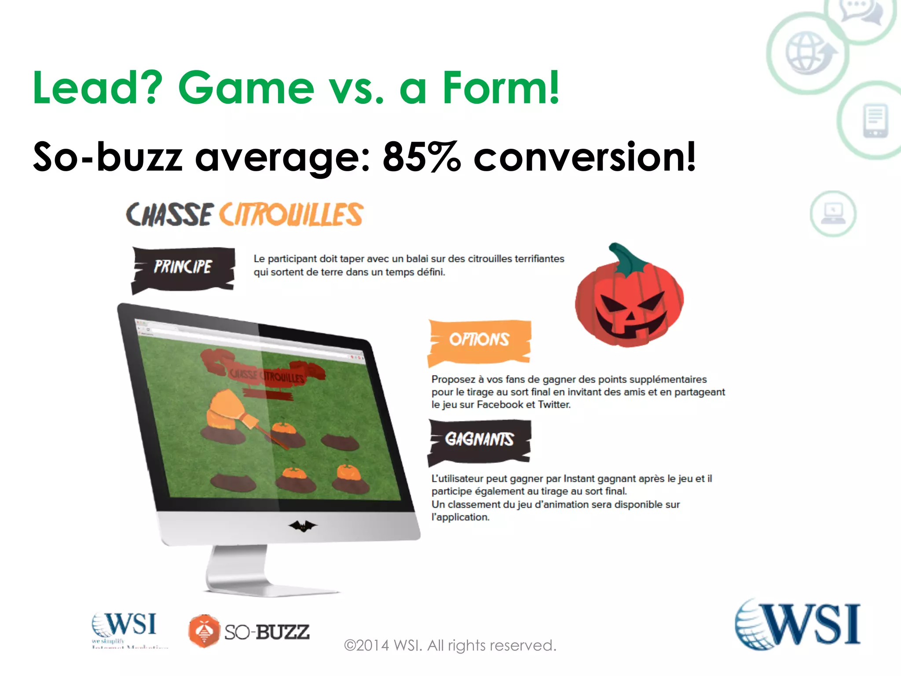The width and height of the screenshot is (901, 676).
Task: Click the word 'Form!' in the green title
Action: click(501, 88)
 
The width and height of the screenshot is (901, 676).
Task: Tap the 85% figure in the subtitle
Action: click(421, 157)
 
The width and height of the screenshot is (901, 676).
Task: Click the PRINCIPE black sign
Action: click(183, 268)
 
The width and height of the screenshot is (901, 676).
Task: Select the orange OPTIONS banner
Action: click(479, 341)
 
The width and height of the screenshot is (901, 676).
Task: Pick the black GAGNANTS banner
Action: click(479, 440)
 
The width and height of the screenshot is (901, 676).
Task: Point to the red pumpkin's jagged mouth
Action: click(630, 326)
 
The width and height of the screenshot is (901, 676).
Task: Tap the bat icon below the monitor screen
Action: click(302, 525)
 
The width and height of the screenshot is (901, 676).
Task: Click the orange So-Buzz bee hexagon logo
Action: click(204, 631)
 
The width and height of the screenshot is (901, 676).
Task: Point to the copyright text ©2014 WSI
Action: click(450, 646)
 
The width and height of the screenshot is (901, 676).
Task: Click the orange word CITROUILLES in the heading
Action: click(291, 215)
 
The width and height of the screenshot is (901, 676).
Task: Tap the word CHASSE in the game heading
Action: click(170, 215)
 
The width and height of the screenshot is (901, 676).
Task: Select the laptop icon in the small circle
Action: click(833, 214)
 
